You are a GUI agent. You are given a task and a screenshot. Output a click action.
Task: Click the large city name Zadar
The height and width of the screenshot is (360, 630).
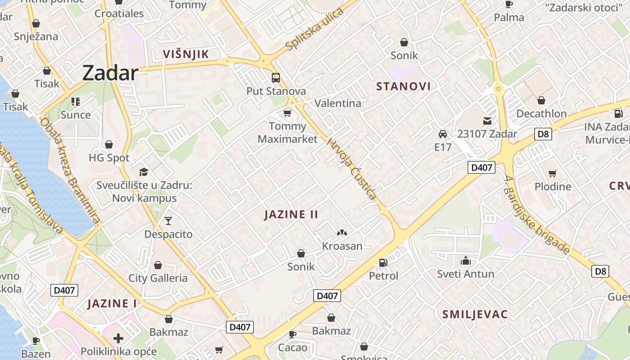click(110, 73)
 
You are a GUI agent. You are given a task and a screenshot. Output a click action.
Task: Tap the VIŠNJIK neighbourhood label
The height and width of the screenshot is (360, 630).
click(186, 54)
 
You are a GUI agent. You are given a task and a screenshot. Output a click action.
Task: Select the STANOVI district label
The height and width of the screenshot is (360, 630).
click(403, 86)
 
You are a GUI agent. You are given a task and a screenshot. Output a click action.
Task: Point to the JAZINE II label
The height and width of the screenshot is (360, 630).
click(291, 214)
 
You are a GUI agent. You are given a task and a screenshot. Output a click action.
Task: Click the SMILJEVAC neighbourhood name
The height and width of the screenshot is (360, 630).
click(475, 314)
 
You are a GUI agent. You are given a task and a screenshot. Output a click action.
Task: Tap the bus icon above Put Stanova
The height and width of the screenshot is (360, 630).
click(276, 78)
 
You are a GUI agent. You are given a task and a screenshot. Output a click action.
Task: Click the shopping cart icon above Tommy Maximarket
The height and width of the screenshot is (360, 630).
click(287, 113)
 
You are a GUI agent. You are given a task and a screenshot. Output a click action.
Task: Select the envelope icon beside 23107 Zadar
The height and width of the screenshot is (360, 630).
click(487, 121)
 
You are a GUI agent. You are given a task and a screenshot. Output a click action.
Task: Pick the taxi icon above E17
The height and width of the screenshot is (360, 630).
click(443, 134)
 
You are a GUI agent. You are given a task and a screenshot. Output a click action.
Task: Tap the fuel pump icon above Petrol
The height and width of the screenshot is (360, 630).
click(383, 262)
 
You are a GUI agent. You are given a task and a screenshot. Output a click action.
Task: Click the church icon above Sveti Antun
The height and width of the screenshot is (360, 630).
click(465, 261)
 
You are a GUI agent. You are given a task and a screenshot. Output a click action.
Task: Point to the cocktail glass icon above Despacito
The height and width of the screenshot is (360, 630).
click(168, 220)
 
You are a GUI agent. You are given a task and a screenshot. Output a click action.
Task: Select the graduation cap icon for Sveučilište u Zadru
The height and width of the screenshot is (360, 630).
click(144, 172)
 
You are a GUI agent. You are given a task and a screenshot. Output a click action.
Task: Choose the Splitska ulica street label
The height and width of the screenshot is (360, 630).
click(315, 29)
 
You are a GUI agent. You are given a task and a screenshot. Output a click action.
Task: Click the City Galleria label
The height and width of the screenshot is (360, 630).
click(158, 278)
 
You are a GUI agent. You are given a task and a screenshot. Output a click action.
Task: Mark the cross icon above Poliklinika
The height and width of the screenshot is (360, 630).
click(118, 338)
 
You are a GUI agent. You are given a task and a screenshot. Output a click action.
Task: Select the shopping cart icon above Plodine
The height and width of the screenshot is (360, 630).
click(552, 173)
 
